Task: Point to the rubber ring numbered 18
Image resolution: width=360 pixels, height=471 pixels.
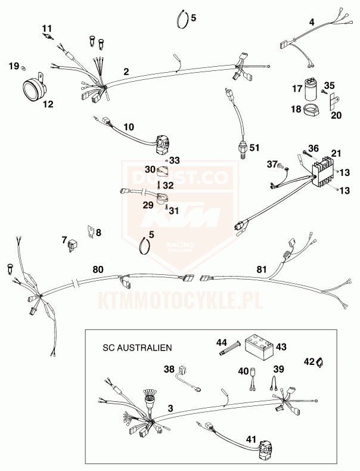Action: (x=311, y=110)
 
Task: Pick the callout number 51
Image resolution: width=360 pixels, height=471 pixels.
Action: (x=255, y=148)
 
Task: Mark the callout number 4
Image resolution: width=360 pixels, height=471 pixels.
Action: (x=312, y=22)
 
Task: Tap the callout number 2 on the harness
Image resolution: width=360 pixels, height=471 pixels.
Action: (x=126, y=72)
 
